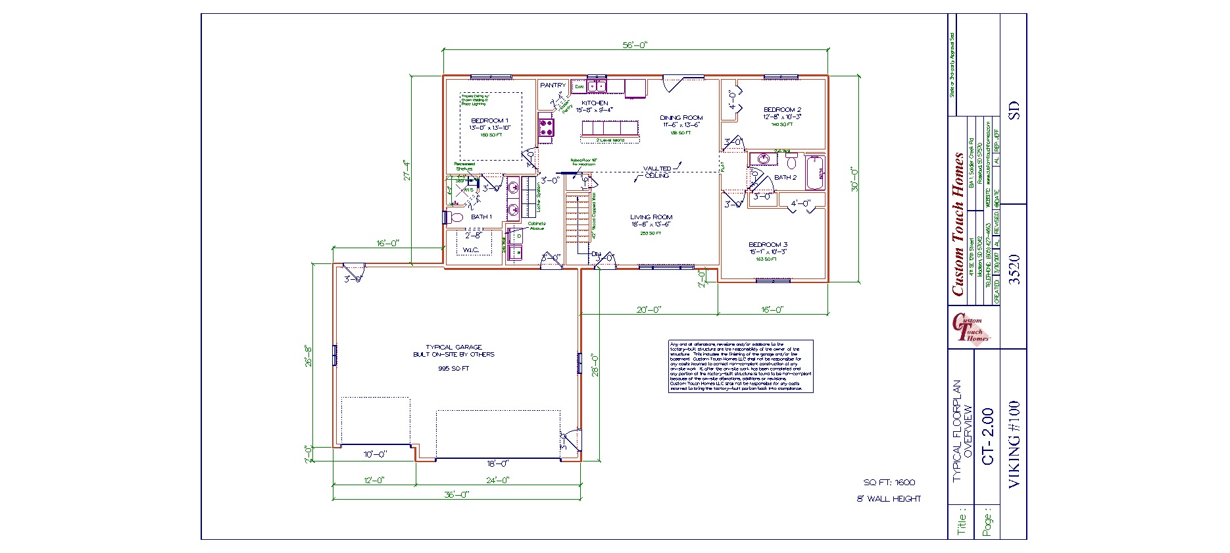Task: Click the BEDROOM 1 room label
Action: click(x=489, y=120)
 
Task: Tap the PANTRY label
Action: click(x=553, y=86)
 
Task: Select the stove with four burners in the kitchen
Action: click(x=546, y=127)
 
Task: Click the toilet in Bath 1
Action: click(x=456, y=217)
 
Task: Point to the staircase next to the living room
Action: click(x=578, y=217)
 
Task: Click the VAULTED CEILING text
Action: click(x=657, y=172)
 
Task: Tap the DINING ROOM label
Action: click(x=681, y=118)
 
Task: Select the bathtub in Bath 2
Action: click(x=815, y=172)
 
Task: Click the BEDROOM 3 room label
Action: click(x=768, y=245)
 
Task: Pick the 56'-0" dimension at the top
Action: click(x=635, y=45)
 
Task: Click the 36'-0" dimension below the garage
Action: click(x=456, y=494)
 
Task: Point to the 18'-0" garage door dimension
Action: click(x=497, y=463)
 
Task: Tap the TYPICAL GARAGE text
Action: click(x=454, y=347)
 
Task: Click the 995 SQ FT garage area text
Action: click(x=454, y=369)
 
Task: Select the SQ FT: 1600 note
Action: click(x=889, y=483)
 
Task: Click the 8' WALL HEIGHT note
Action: click(x=889, y=499)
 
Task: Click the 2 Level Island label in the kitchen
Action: click(x=610, y=140)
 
